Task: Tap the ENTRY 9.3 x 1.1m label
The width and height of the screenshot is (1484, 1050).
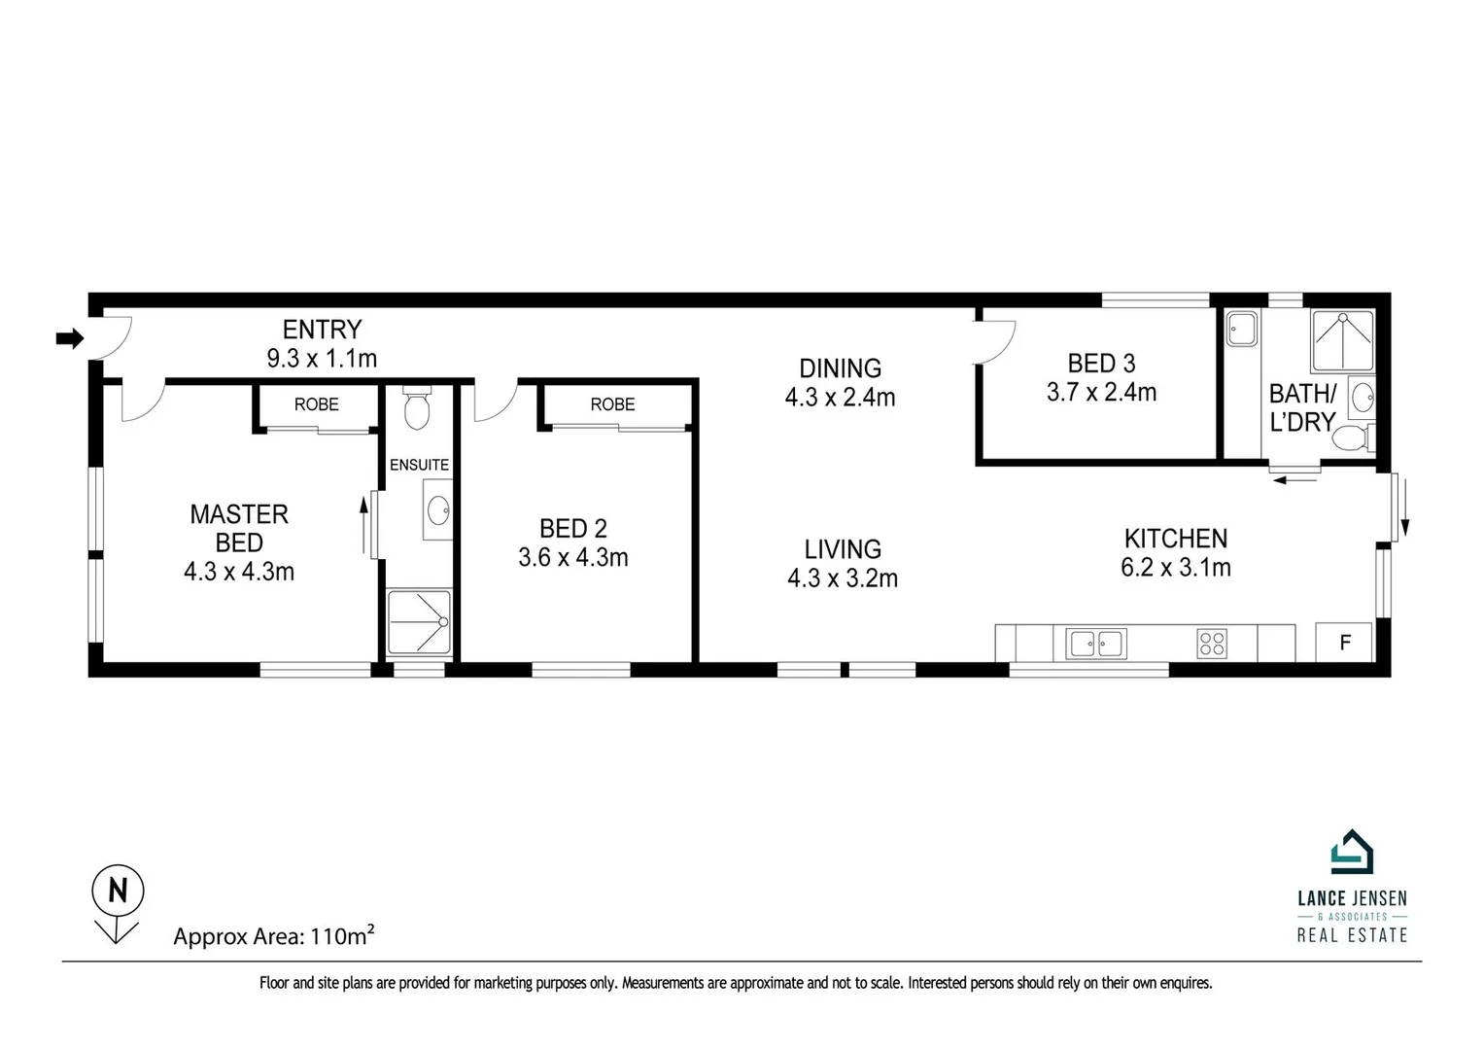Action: coord(322,344)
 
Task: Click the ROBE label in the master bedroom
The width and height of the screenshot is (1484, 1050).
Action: coord(317,404)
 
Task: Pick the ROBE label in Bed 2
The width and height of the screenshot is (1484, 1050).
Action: coord(612,404)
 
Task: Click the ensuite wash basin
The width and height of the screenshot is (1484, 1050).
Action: coord(438,508)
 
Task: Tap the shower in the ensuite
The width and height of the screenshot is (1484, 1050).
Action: coord(420,622)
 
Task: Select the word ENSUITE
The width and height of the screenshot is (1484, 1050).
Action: coord(419,465)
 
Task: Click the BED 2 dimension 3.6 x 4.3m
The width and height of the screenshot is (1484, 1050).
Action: coord(573,558)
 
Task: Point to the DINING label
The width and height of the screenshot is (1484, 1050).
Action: coord(841,368)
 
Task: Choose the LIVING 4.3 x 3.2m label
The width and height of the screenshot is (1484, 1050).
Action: coord(843,564)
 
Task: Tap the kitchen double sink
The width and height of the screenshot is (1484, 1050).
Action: coord(1095,643)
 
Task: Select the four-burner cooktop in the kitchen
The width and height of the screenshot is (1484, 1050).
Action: coord(1212,643)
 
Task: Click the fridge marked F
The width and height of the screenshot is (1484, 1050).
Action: coord(1345,643)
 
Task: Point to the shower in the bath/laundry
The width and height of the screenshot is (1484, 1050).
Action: coord(1342,341)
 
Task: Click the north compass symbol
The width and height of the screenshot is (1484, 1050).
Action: coord(118,891)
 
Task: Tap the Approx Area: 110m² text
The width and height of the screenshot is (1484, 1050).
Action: coord(274,936)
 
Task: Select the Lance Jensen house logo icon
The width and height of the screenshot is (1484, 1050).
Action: coord(1352,853)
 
